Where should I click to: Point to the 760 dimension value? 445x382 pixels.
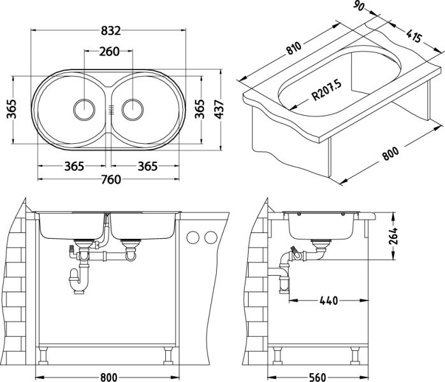(x=111, y=180)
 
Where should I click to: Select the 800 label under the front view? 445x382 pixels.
(x=109, y=376)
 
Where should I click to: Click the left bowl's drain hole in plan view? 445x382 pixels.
(x=84, y=109)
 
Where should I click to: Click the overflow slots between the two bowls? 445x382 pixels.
(x=109, y=109)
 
